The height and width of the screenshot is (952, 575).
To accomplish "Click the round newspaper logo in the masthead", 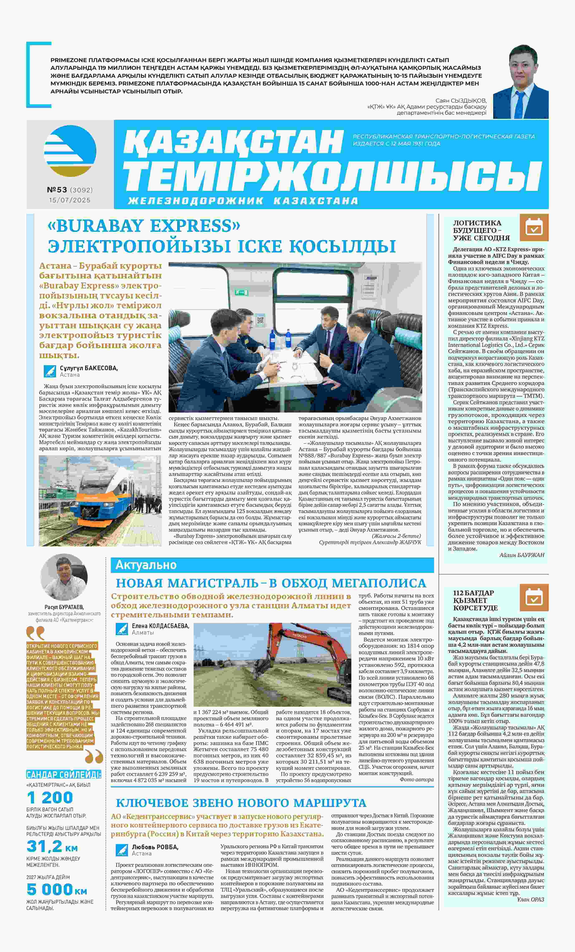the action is point(70,151).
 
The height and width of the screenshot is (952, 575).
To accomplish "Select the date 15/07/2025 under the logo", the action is point(70,200).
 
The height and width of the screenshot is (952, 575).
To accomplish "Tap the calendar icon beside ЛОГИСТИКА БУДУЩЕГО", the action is point(534,228).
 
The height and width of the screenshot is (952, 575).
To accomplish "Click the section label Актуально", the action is point(146,565).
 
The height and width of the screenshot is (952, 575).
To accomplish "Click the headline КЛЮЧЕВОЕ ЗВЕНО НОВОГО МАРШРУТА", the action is point(241,803).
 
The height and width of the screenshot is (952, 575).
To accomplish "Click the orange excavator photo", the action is point(272,664).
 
